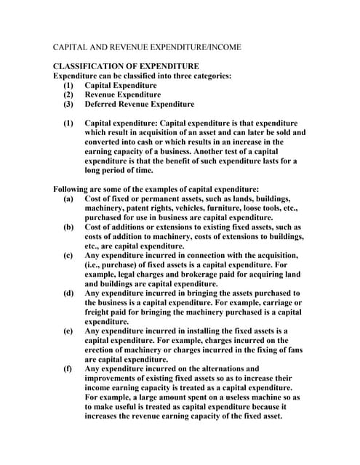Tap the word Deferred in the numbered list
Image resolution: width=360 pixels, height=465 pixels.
(102, 104)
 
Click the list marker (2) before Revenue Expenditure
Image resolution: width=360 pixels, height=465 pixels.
(68, 94)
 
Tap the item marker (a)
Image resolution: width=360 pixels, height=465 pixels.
(68, 198)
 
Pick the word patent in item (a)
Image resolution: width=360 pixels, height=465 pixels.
(138, 208)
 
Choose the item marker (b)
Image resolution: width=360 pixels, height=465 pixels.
(68, 227)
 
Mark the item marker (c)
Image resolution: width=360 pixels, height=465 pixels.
(68, 255)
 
